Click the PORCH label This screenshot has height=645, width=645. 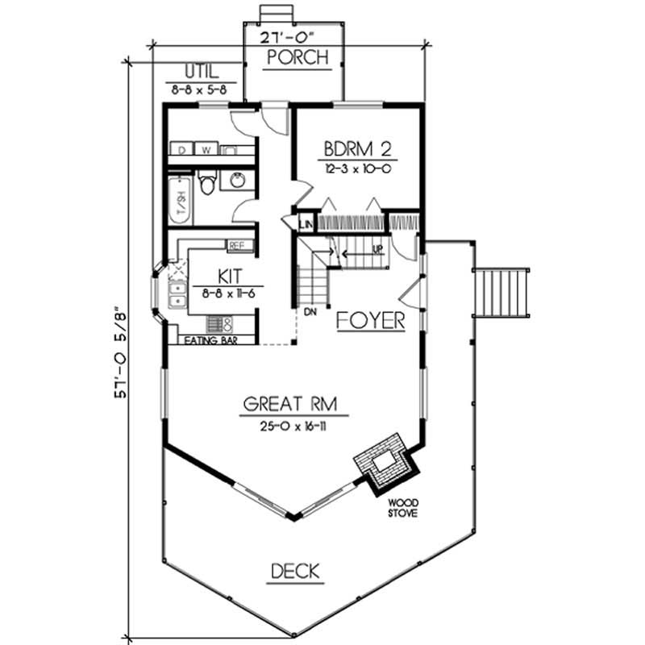pos(298,58)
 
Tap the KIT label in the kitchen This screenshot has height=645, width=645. pos(217,278)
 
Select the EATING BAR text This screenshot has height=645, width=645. pos(206,340)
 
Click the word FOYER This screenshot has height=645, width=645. pos(371,320)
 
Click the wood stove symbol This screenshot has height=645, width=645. pos(386,463)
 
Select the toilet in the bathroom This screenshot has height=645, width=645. pos(206,184)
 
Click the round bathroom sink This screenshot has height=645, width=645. pos(238,181)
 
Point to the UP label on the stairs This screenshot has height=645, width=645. pos(376,250)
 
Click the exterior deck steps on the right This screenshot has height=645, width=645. pos(501,293)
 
